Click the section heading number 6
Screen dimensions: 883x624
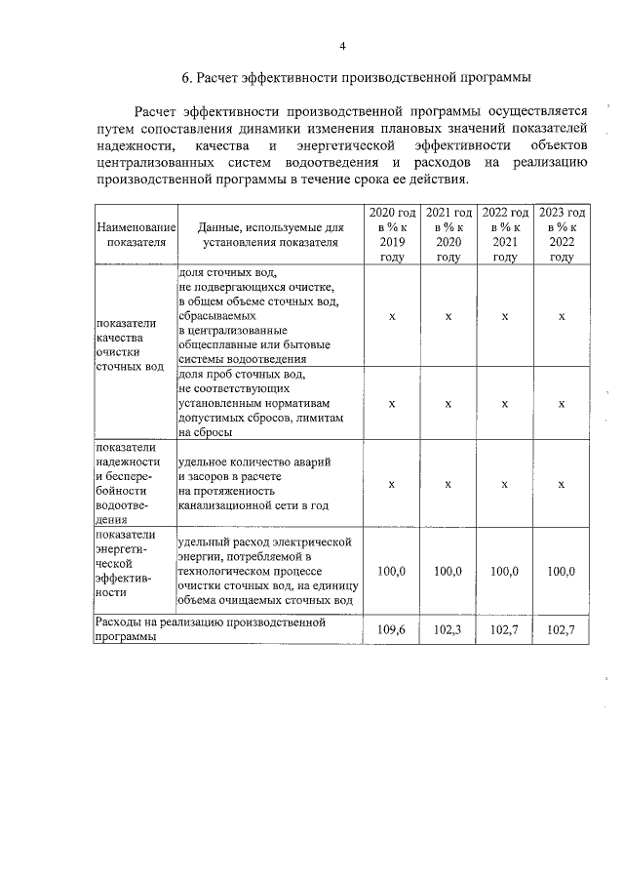tap(186, 77)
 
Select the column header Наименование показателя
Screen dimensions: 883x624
tap(135, 234)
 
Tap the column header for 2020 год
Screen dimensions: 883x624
tap(392, 234)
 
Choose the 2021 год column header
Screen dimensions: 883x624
tap(448, 234)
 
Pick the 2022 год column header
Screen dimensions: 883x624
tap(505, 234)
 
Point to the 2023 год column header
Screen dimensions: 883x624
tap(562, 234)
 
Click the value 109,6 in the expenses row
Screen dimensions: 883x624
tap(392, 630)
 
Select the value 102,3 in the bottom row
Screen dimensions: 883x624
tap(448, 630)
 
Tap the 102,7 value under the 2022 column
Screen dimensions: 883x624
tap(505, 630)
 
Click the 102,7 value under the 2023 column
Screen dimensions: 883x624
tap(562, 630)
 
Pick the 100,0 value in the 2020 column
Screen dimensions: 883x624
tap(392, 571)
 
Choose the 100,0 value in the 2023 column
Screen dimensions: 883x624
tap(562, 571)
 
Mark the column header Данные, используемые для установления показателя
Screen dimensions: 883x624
tap(268, 234)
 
